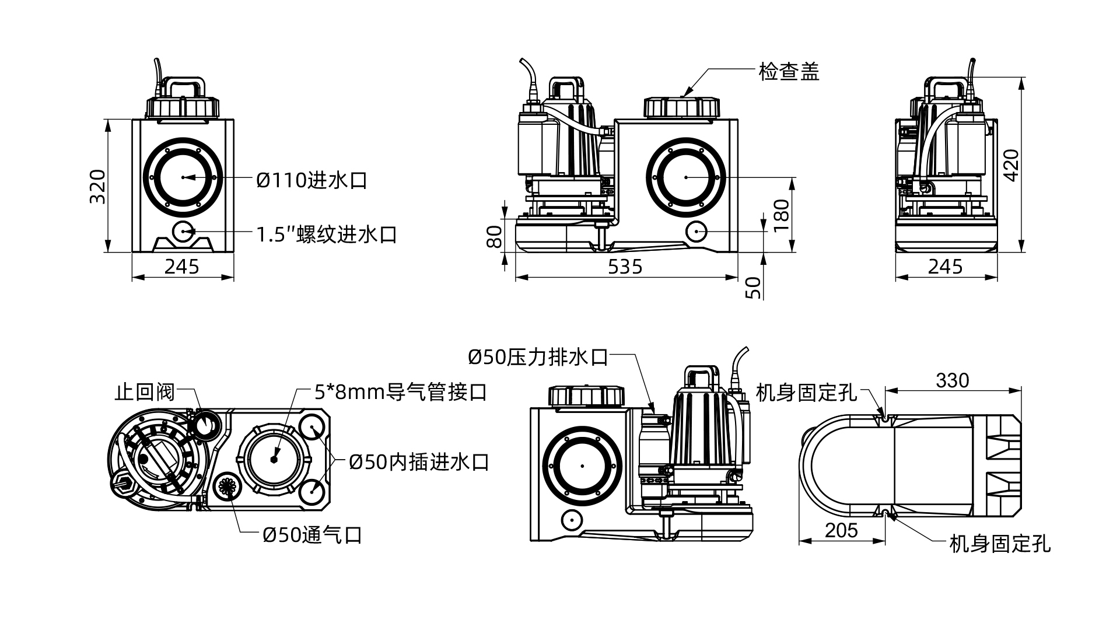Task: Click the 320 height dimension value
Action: [98, 187]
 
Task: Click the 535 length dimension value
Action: [625, 267]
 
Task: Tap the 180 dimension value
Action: [781, 216]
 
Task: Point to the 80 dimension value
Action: [495, 237]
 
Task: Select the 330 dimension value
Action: [952, 380]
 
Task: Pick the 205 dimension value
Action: [841, 530]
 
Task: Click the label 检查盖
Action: [789, 72]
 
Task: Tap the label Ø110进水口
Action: [311, 180]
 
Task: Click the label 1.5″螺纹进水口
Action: [327, 235]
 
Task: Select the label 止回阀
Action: [145, 392]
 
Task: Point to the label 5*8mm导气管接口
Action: [400, 392]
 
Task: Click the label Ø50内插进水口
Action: [418, 462]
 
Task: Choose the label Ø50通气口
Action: [312, 534]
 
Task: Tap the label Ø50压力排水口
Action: [537, 357]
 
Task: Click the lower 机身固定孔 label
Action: [1000, 544]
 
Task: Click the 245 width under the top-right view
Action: [945, 267]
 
